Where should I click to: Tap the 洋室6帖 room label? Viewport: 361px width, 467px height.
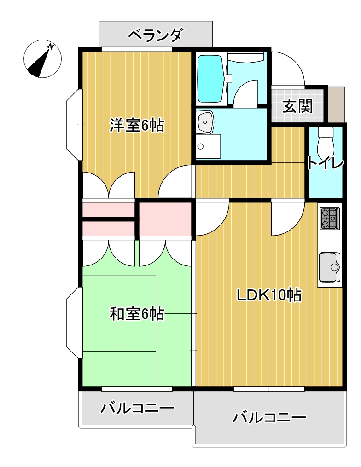pos(137,126)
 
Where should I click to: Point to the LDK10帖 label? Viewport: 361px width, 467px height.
pos(269,295)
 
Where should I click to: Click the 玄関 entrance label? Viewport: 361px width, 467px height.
pos(297,106)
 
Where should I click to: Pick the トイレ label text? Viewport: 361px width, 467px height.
pos(325,163)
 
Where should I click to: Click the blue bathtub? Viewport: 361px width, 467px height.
pos(210,78)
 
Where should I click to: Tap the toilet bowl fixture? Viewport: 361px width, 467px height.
pos(325,143)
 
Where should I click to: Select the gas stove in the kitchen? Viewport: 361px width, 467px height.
pos(329,219)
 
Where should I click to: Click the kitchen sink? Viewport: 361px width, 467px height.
pos(329,267)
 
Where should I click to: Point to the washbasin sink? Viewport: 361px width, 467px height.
pos(205,122)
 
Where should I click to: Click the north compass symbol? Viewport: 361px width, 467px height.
pos(43,59)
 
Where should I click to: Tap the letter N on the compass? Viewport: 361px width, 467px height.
pos(51,46)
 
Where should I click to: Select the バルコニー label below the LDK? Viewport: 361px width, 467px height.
pos(269,417)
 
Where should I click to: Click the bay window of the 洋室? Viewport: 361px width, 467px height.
pos(74,125)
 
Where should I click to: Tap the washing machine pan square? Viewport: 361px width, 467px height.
pos(208,146)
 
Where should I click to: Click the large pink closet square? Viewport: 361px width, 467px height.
pos(165,219)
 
